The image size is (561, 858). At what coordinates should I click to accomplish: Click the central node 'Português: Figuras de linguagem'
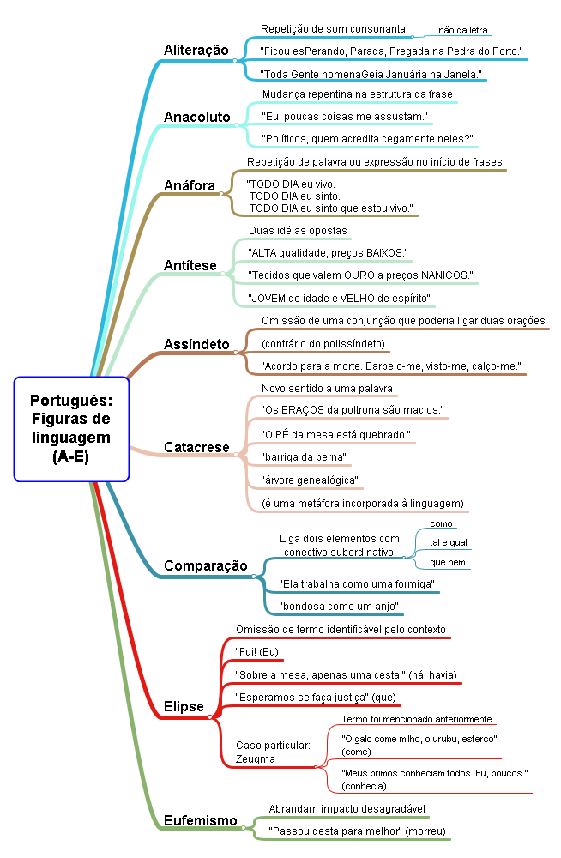[x=70, y=428]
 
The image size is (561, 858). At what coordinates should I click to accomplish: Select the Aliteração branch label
[x=196, y=51]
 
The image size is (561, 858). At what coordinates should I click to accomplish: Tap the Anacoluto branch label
[x=196, y=117]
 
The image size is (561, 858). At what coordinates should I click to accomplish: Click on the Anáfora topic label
[x=189, y=185]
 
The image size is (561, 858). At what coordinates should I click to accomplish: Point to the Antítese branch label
[x=190, y=265]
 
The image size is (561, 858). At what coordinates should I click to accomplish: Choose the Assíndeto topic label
[x=196, y=345]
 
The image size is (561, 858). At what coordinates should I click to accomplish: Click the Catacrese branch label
[x=196, y=447]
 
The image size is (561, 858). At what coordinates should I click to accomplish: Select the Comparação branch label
[x=205, y=566]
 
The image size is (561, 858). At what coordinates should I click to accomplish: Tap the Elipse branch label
[x=184, y=708]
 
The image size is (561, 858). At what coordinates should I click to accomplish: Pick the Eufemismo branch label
[x=200, y=821]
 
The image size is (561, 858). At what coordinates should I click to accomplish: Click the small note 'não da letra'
[x=462, y=30]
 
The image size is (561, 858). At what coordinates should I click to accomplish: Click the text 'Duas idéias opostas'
[x=298, y=231]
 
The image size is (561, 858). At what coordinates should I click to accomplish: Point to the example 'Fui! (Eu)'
[x=257, y=652]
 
